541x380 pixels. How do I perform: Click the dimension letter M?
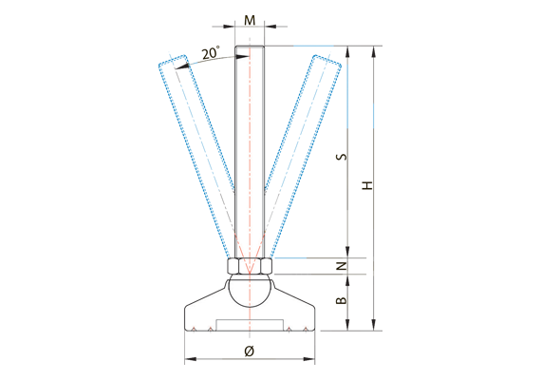(x=250, y=20)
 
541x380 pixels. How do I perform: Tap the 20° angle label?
(x=211, y=54)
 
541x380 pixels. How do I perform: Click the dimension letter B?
(x=342, y=301)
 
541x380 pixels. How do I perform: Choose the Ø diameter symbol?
(x=249, y=351)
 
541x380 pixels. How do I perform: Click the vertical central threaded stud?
(x=250, y=152)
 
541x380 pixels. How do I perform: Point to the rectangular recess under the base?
(x=250, y=325)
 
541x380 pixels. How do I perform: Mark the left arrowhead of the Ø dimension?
(x=187, y=360)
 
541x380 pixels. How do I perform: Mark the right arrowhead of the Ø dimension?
(x=311, y=360)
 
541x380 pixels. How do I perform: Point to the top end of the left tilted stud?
(x=169, y=62)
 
